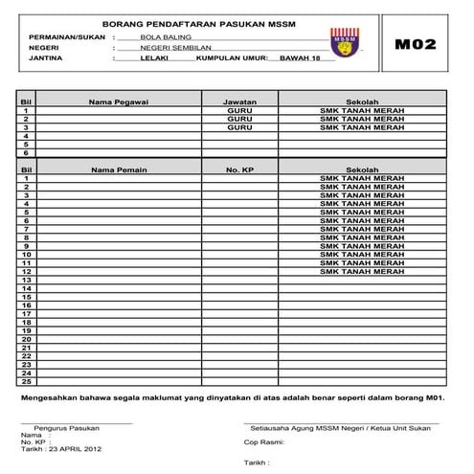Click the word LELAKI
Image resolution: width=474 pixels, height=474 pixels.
click(153, 58)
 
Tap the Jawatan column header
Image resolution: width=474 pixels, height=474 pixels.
click(239, 101)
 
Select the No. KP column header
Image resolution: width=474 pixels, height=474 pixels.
click(238, 169)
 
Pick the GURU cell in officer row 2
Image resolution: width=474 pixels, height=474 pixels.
click(239, 119)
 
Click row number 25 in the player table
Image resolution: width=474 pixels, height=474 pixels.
click(27, 372)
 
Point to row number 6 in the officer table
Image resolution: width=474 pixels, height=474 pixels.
click(27, 152)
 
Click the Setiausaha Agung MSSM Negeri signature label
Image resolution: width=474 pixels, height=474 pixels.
click(340, 427)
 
